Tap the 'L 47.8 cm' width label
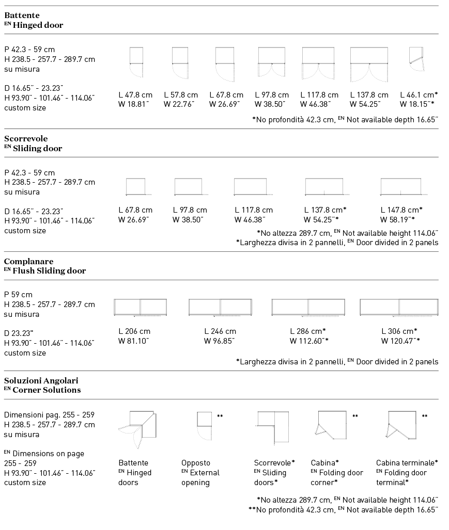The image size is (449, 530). tap(135, 95)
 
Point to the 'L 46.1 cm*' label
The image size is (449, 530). tap(419, 95)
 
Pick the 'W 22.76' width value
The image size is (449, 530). tap(179, 104)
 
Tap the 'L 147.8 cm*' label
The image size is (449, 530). tap(401, 210)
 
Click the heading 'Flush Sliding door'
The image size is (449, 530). tap(49, 271)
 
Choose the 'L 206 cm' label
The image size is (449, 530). tap(134, 331)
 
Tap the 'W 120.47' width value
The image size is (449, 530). tap(400, 341)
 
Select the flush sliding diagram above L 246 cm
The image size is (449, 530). tap(221, 308)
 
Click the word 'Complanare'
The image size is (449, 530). tap(29, 262)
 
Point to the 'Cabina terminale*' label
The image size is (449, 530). tap(407, 463)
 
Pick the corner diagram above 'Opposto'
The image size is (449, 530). tap(205, 424)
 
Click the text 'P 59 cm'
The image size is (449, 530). tap(18, 295)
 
